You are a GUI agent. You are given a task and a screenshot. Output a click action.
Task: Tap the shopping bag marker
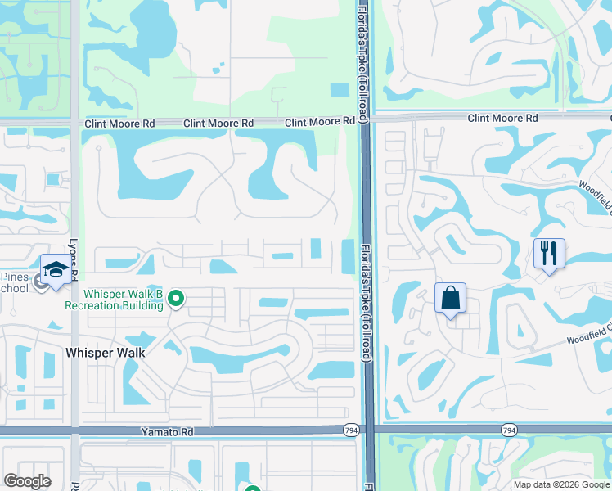[450, 299]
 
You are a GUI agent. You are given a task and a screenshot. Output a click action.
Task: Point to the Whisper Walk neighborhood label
[105, 353]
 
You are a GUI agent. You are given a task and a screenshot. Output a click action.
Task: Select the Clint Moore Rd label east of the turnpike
[502, 119]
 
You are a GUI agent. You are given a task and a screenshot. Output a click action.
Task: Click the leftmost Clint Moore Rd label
[119, 124]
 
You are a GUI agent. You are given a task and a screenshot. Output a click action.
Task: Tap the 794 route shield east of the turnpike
[509, 430]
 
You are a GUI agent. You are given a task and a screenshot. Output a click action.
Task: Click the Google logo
[27, 481]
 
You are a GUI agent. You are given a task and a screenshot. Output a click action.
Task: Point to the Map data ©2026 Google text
[561, 484]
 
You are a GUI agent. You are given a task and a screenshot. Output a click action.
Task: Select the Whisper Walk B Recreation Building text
[123, 300]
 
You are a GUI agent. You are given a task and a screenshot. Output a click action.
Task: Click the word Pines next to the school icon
[16, 276]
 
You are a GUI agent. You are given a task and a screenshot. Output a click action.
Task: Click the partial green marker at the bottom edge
[251, 488]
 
